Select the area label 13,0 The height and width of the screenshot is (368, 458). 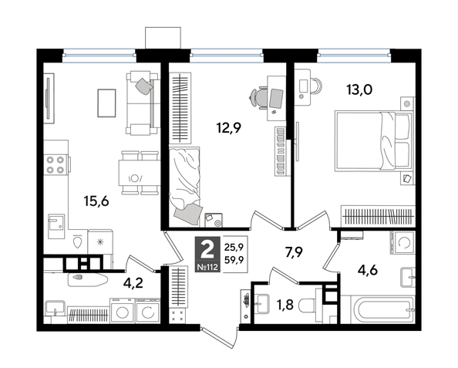[x=359, y=89]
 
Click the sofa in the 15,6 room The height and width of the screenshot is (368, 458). [x=142, y=101]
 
